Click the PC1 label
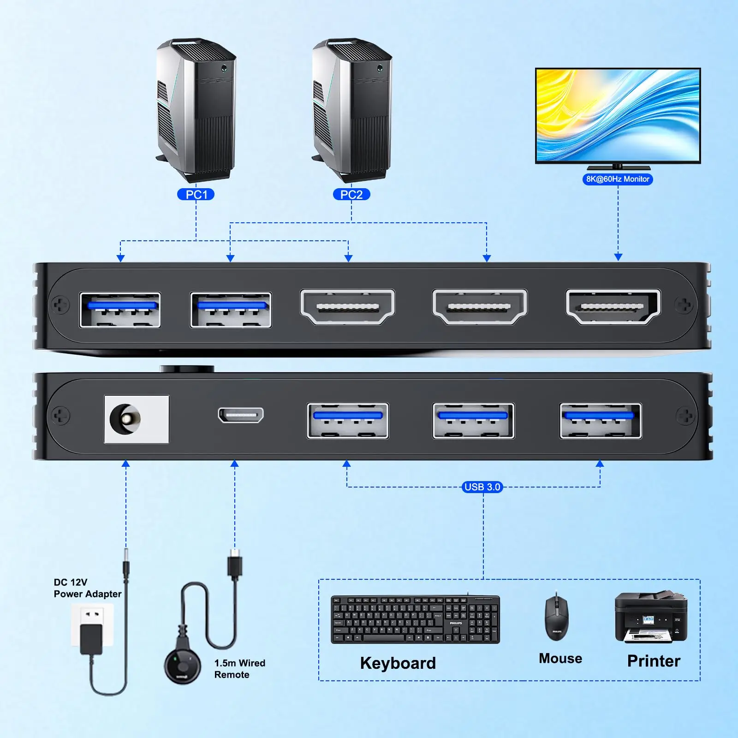pyautogui.click(x=196, y=195)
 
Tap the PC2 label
pyautogui.click(x=351, y=195)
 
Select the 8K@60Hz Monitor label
pyautogui.click(x=618, y=179)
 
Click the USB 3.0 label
pyautogui.click(x=482, y=487)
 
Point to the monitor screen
pyautogui.click(x=618, y=115)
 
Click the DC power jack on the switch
pyautogui.click(x=137, y=419)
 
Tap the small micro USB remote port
pyautogui.click(x=241, y=415)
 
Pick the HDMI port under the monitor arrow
pyautogui.click(x=613, y=307)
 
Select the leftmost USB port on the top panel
pyautogui.click(x=120, y=310)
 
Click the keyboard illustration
pyautogui.click(x=415, y=619)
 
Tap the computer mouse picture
pyautogui.click(x=557, y=617)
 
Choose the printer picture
pyautogui.click(x=651, y=617)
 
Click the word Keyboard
pyautogui.click(x=398, y=663)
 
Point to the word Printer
pyautogui.click(x=654, y=661)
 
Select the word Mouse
pyautogui.click(x=560, y=658)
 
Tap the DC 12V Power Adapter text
pyautogui.click(x=88, y=588)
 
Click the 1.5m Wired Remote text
pyautogui.click(x=240, y=669)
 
